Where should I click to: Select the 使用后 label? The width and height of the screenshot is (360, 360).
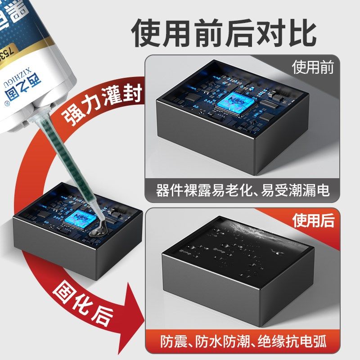(314, 220)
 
